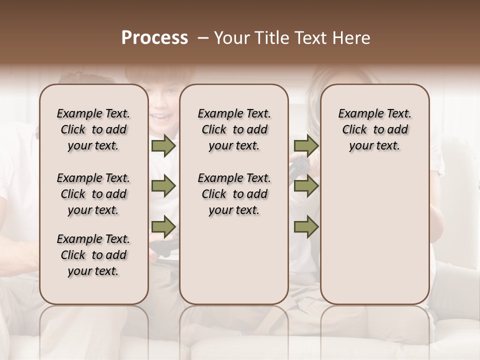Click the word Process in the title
coord(154,38)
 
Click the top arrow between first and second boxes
coord(163,146)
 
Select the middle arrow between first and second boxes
coord(163,186)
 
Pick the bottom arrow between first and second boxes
coord(163,227)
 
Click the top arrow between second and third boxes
coord(305,146)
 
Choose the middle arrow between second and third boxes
coord(305,186)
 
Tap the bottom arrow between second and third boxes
coord(305,227)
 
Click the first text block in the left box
coord(93,130)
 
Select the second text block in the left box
coord(93,194)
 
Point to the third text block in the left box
coord(93,255)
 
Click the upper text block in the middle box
coord(234,130)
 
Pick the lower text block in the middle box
coord(234,194)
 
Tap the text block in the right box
coord(374,130)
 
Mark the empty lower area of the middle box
coord(234,260)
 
